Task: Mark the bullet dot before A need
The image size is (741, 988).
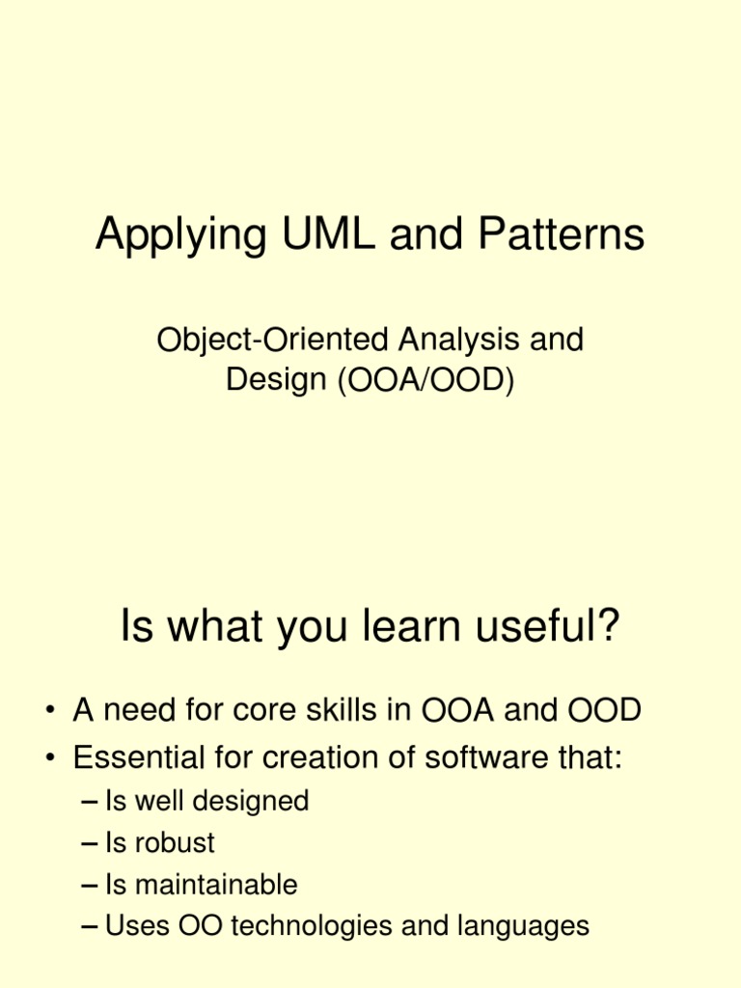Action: click(x=48, y=713)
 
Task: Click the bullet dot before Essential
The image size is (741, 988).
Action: click(x=48, y=759)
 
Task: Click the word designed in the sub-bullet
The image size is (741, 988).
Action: click(x=256, y=801)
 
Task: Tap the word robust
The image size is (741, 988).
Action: click(x=174, y=842)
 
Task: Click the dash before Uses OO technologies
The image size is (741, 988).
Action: click(x=91, y=927)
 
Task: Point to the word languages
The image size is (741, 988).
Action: click(x=521, y=927)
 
